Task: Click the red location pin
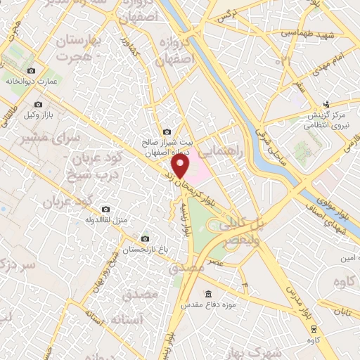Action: [181, 166]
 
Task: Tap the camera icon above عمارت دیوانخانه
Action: [31, 70]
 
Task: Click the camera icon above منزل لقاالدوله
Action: [106, 209]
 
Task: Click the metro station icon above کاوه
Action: [314, 328]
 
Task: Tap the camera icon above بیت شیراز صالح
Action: [167, 131]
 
